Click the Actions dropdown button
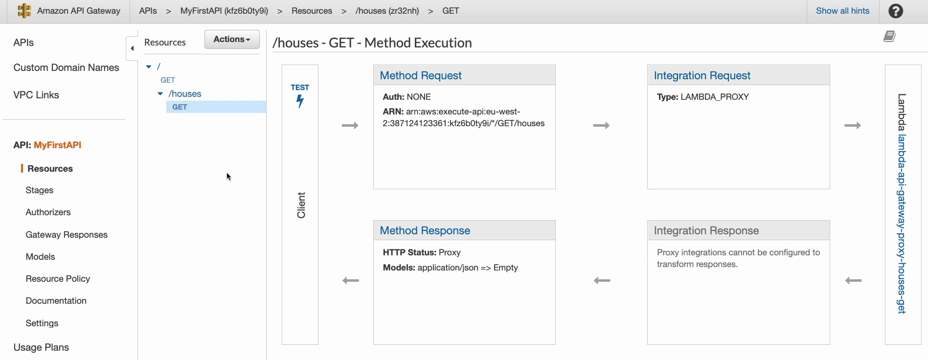232,39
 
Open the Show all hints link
842,11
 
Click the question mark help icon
896,11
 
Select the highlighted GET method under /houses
180,107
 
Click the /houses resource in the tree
185,93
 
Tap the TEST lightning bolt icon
300,101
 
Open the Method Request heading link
421,75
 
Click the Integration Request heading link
702,75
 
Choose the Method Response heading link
425,230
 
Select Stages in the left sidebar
40,190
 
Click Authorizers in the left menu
48,212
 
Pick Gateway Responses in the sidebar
67,235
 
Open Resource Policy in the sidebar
58,279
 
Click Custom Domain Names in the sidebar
66,67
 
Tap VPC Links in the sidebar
36,95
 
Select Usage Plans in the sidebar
41,347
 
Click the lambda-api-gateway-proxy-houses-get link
902,224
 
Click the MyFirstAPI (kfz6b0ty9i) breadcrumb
224,11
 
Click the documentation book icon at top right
889,36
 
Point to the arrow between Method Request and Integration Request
601,126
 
